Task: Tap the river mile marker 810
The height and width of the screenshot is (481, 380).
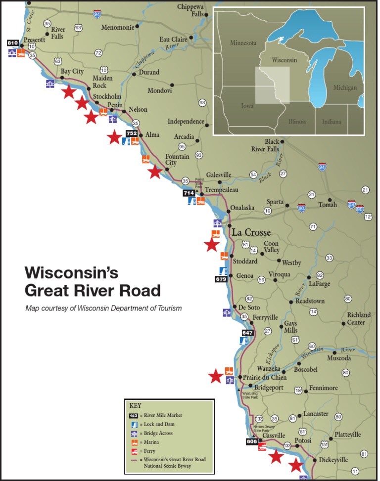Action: [x=13, y=43]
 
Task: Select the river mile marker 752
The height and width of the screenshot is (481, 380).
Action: [x=132, y=133]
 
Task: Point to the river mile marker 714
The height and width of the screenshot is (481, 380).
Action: [x=189, y=193]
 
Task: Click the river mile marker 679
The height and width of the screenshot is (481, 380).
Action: [x=221, y=279]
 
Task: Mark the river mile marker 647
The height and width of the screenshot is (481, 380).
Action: [x=247, y=333]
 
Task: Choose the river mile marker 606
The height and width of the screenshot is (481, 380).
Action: [x=252, y=441]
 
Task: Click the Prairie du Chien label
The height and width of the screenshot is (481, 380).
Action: [x=265, y=377]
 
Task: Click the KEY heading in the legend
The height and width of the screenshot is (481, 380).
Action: [x=135, y=405]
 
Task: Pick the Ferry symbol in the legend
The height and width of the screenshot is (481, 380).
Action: [x=134, y=451]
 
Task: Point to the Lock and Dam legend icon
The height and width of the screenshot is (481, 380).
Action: [x=134, y=424]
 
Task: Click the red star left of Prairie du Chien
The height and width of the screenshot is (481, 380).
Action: [x=215, y=377]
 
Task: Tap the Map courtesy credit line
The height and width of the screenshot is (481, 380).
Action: [x=103, y=308]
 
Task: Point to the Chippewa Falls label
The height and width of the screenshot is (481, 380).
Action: [x=193, y=10]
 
